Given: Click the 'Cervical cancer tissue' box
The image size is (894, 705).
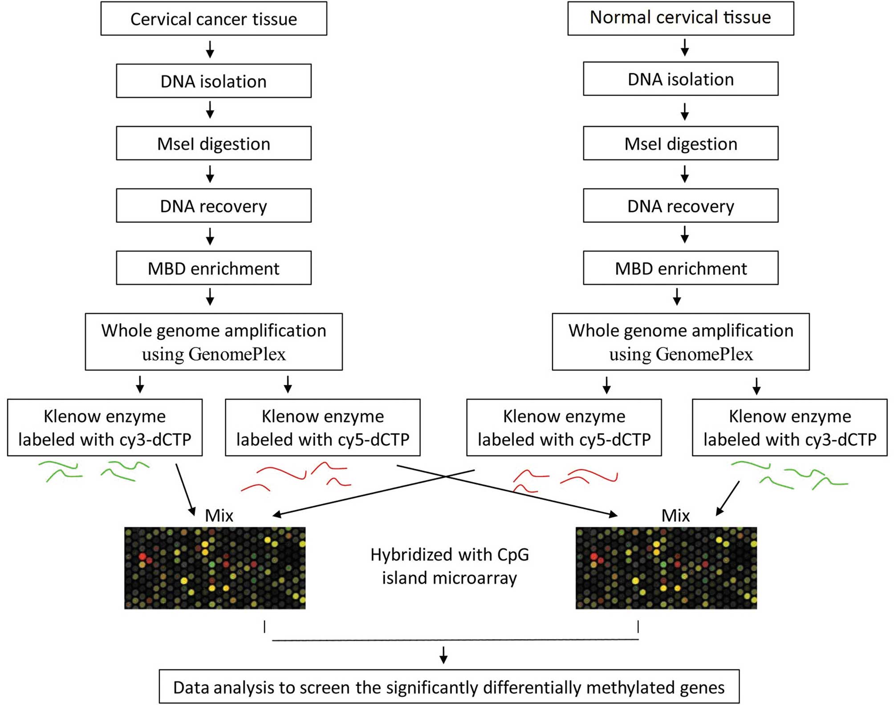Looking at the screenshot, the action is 214,19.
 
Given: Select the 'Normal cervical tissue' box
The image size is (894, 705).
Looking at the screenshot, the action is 681,18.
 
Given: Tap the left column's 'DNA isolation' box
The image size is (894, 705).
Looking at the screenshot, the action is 214,81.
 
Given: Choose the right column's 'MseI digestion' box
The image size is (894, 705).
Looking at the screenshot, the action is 681,143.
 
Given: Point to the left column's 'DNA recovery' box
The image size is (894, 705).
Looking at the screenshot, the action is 214,205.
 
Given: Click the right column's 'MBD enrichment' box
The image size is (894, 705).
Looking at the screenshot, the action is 681,268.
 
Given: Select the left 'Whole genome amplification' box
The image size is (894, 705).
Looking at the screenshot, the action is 214,342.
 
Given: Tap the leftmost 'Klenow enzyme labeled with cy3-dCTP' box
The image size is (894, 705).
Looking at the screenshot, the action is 105,427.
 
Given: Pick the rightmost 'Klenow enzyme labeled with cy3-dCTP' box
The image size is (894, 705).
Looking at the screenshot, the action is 790,427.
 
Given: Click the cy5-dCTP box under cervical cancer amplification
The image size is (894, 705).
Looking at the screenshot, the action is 323,427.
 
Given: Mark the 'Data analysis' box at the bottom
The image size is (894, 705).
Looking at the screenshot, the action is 449,687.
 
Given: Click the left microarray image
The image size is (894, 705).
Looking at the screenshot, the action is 215,568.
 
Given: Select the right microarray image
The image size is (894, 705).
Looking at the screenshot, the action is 666,568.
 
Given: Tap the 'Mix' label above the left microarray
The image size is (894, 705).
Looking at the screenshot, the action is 219,516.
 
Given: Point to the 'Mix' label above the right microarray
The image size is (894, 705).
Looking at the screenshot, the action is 676,516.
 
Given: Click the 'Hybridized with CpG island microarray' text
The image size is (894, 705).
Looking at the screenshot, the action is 450,566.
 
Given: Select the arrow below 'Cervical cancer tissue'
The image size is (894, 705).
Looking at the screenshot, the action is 210,49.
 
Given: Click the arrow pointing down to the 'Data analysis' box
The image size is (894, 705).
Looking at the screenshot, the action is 443,655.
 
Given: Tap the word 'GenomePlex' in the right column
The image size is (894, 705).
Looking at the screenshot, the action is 704,354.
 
